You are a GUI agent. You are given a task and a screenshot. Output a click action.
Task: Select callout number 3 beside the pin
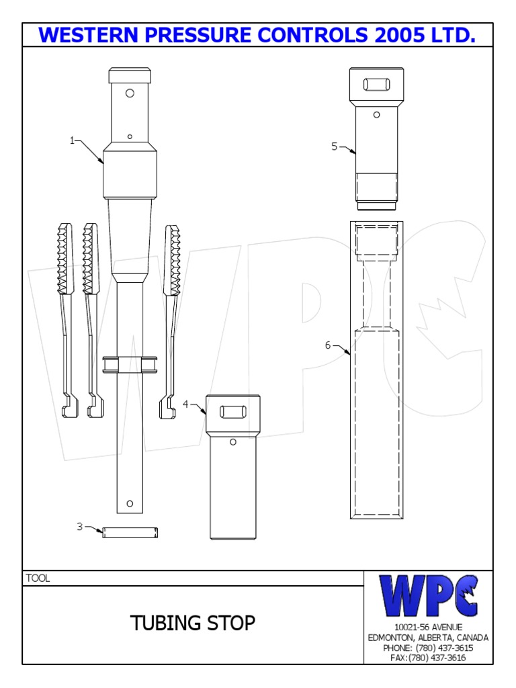(x=79, y=527)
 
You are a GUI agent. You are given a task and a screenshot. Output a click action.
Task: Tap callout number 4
(x=186, y=404)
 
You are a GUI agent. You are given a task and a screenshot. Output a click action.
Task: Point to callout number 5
(x=334, y=146)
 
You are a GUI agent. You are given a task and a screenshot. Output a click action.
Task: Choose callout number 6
(x=328, y=345)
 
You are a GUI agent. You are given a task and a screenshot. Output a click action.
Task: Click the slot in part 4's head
(x=232, y=411)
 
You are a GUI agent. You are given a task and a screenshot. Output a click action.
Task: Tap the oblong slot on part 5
(x=376, y=85)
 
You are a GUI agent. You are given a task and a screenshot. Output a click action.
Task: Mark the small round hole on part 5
(x=376, y=115)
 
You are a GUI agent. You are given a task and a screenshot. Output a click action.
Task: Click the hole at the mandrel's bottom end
(x=130, y=504)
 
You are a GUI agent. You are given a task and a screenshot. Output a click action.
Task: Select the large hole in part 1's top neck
(x=130, y=92)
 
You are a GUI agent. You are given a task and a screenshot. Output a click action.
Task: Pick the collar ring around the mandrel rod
(x=130, y=365)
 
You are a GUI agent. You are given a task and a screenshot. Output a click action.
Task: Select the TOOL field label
(x=38, y=578)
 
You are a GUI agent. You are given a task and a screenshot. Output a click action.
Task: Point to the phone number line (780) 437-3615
(x=428, y=648)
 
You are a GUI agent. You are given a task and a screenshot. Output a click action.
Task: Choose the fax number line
(x=428, y=657)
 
